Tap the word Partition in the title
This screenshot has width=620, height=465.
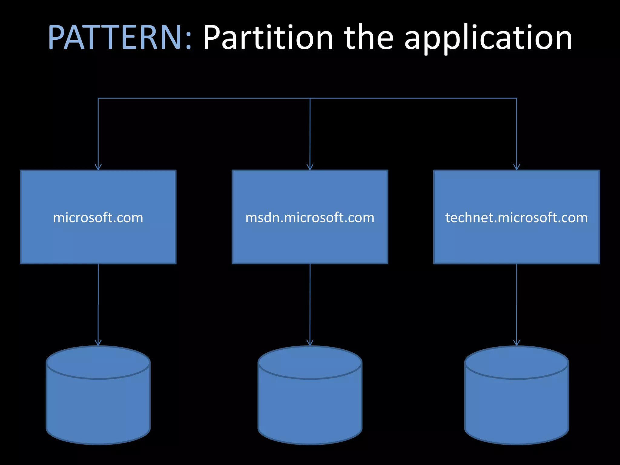coord(268,38)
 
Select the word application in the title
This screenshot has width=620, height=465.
coord(488,39)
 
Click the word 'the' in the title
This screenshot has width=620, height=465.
coord(368,38)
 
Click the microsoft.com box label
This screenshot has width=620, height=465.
coord(98,217)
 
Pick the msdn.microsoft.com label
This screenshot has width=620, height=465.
coord(310,217)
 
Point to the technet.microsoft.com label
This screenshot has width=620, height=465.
coord(516,217)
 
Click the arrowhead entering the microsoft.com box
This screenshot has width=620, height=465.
coord(98,167)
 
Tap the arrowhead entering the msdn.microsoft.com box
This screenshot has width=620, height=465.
coord(310,167)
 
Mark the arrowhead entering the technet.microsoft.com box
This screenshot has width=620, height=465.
coord(516,167)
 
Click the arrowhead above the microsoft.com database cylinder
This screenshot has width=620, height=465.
coord(98,343)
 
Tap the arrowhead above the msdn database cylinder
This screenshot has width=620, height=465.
coord(310,343)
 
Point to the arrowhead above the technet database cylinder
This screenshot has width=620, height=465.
coord(516,343)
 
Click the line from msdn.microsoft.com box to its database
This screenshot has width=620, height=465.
coord(310,303)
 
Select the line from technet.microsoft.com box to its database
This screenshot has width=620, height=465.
coord(516,303)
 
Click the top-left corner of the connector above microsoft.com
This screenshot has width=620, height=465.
coord(98,98)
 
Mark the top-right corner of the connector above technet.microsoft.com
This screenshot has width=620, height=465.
coord(516,98)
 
